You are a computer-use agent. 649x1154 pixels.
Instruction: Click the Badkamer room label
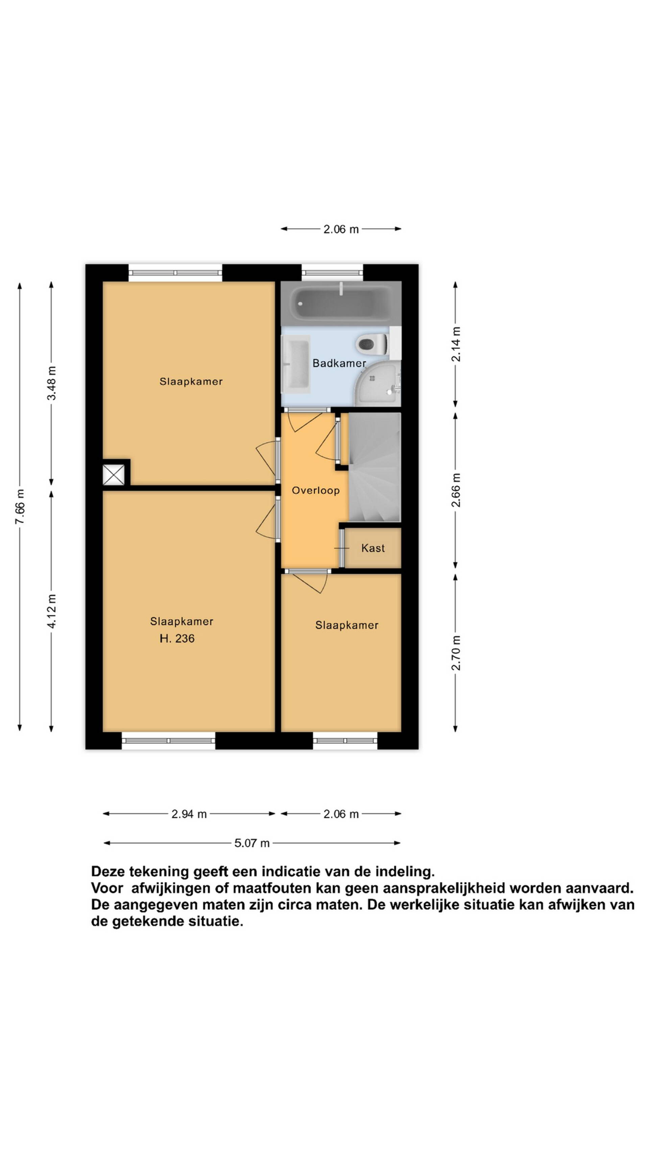click(x=339, y=363)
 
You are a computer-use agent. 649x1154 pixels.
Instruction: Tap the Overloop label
click(x=316, y=491)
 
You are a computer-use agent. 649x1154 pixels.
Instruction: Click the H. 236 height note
click(x=177, y=638)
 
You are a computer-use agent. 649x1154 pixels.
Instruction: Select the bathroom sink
click(x=296, y=364)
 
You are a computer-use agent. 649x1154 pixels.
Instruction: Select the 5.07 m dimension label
click(x=252, y=843)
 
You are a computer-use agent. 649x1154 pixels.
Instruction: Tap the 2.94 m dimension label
click(x=189, y=814)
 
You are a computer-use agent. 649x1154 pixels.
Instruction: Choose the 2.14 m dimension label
click(x=456, y=344)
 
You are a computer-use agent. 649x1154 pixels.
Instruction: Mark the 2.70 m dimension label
click(x=456, y=653)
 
